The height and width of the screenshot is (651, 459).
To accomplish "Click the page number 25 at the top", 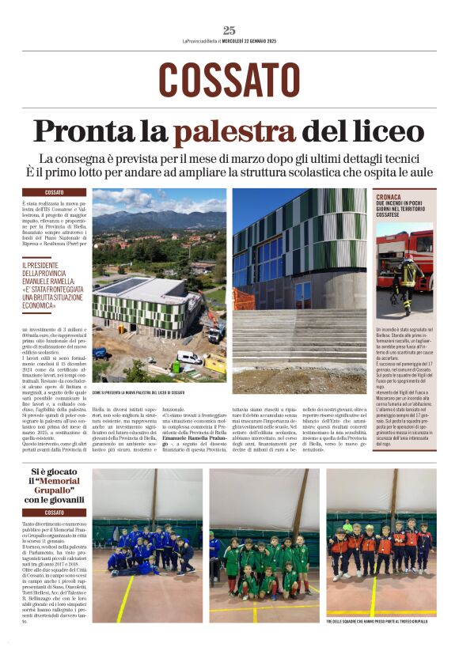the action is (229, 30).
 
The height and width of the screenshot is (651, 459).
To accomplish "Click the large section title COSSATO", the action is (229, 80).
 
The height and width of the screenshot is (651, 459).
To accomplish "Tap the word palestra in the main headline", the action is (234, 131).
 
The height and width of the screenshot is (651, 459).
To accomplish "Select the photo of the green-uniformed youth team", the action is (264, 546).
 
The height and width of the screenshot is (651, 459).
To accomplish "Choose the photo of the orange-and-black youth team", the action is (381, 546).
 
